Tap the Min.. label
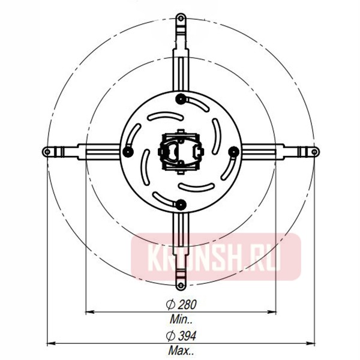181,319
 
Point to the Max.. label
181,350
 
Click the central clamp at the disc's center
181,151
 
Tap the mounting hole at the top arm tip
181,20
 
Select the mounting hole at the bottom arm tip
181,282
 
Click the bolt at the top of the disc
181,98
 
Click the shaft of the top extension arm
181,60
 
